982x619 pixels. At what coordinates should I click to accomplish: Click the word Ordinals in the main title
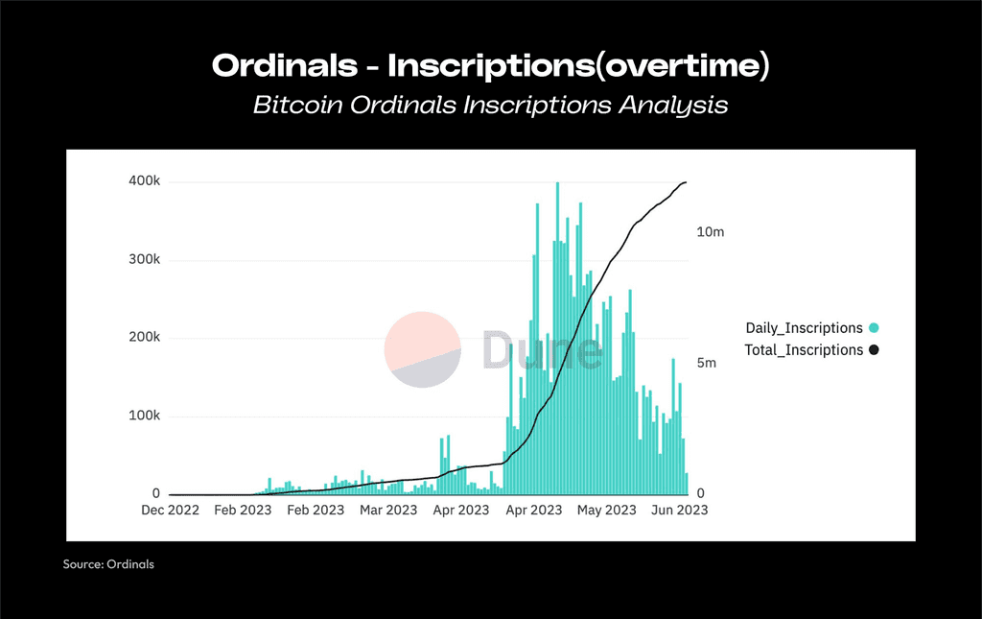[285, 65]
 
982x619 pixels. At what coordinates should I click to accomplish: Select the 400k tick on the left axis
[145, 181]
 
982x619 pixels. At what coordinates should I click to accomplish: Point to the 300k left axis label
[145, 259]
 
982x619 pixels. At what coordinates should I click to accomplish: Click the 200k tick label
[145, 337]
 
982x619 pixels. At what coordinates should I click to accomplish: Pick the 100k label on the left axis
[145, 416]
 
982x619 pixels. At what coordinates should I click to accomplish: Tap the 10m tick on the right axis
[711, 232]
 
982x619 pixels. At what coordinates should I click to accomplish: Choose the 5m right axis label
[707, 363]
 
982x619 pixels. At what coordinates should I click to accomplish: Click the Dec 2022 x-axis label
[171, 510]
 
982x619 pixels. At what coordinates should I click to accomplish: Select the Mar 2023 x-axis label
[388, 510]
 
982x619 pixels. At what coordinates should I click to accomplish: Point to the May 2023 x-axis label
[606, 510]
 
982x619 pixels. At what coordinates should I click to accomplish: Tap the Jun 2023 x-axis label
[680, 510]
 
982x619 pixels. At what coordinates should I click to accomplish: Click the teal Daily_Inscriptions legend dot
[874, 327]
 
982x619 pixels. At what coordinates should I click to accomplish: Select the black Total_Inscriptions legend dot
[874, 349]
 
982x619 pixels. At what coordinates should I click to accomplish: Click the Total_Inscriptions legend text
[804, 350]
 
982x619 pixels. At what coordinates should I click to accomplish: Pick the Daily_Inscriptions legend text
[805, 328]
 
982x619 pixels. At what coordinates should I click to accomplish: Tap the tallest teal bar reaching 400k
[557, 339]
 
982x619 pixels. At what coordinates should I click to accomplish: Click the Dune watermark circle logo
[423, 349]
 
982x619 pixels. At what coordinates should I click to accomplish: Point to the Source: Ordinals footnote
[108, 564]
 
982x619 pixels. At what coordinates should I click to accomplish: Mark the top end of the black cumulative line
[687, 182]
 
